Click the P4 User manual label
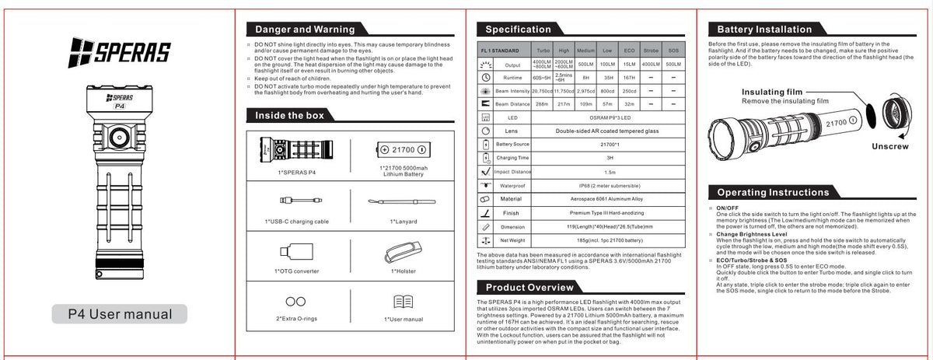[120, 314]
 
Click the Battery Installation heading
[764, 30]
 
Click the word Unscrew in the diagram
[889, 146]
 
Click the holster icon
[402, 251]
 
